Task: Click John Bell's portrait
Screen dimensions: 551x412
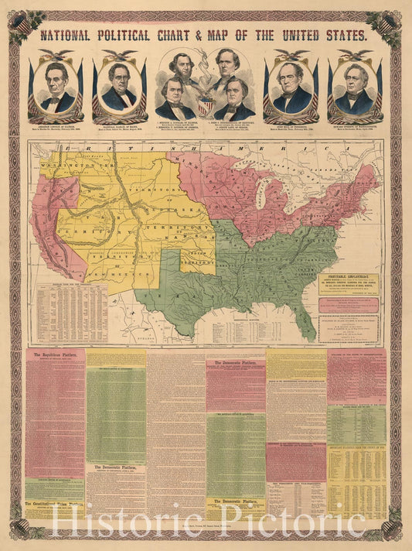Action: [x=292, y=87]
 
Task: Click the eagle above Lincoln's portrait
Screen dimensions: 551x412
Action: [x=58, y=56]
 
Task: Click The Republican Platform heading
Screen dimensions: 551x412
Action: [x=54, y=355]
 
